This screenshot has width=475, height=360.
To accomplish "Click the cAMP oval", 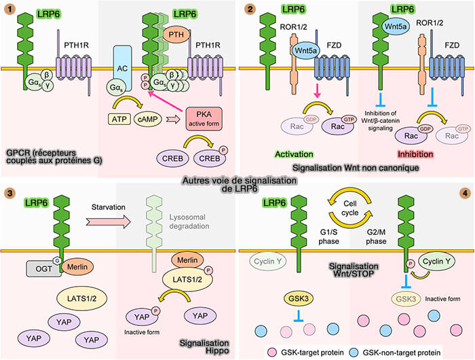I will (x=149, y=119).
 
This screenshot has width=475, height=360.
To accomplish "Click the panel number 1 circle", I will (x=9, y=10).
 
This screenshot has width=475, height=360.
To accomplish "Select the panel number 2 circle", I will (x=250, y=10).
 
